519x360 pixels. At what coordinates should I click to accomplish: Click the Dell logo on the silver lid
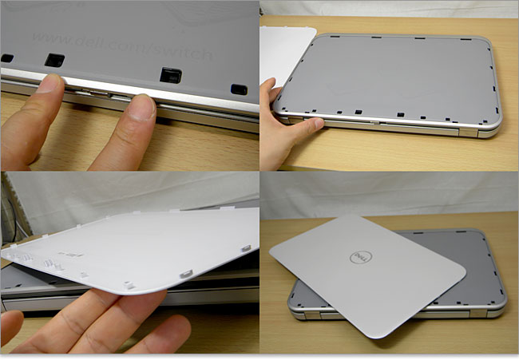361,257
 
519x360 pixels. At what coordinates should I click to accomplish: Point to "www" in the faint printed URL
53,38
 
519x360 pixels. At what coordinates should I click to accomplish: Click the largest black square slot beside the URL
171,75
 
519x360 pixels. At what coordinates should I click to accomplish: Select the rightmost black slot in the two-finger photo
239,89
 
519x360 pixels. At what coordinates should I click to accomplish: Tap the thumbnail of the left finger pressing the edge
50,83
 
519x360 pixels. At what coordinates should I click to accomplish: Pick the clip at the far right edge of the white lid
246,248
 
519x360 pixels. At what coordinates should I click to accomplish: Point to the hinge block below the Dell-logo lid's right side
477,313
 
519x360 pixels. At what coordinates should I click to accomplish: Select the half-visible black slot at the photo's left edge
6,58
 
